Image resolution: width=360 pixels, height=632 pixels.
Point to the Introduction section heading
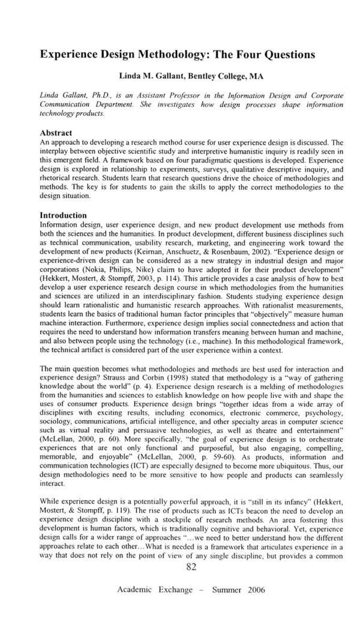click(63, 215)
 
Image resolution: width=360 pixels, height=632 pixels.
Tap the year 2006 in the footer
click(252, 589)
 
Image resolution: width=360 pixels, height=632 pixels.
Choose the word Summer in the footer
click(220, 589)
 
